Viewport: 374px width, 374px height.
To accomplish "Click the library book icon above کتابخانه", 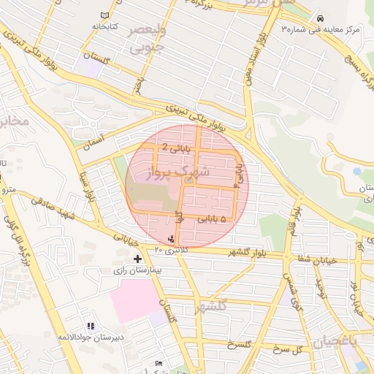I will [x=104, y=15].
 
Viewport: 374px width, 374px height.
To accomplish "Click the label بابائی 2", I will [x=175, y=148].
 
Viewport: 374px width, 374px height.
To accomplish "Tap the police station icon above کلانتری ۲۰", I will [x=172, y=239].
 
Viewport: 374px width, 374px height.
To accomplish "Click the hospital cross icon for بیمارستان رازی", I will [x=137, y=259].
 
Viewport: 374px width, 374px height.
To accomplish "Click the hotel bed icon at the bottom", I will [x=159, y=363].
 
